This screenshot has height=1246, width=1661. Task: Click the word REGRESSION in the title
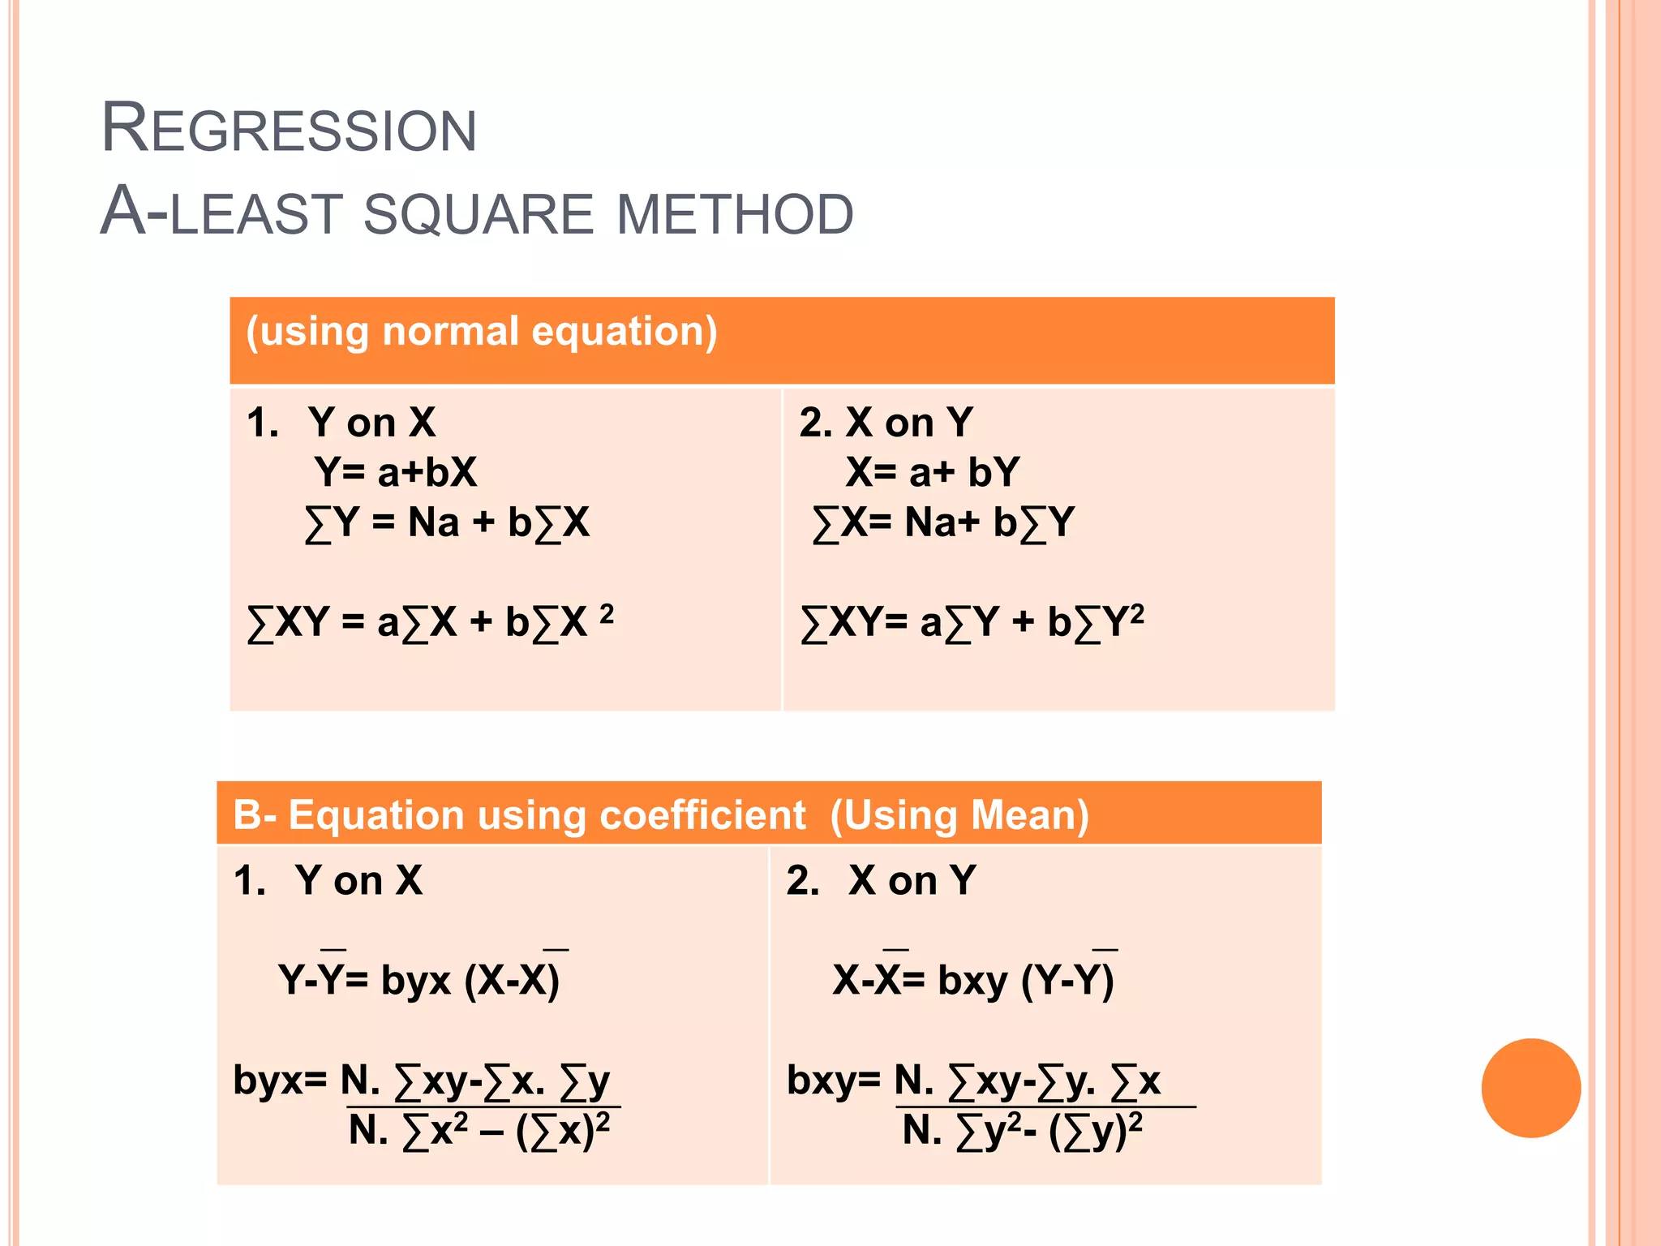(289, 129)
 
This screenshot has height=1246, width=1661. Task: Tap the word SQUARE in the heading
(479, 214)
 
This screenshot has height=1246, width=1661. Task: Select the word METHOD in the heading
(735, 214)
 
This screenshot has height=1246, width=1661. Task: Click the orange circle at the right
(1530, 1088)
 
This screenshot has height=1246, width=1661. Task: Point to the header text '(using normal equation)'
(482, 332)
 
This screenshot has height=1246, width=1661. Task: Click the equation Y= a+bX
(396, 472)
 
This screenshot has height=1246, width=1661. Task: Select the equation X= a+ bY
(932, 472)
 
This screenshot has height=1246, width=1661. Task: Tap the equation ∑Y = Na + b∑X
(447, 523)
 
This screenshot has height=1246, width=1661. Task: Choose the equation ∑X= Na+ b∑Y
(943, 523)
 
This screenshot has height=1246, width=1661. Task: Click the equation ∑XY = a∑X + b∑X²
(430, 623)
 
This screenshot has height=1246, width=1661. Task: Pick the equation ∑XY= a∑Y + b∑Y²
(972, 623)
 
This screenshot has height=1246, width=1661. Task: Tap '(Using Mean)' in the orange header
(959, 815)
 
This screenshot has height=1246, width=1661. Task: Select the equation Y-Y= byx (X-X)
(418, 979)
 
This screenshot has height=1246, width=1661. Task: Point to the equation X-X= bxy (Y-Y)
(973, 979)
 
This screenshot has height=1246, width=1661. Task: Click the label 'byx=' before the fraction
(280, 1081)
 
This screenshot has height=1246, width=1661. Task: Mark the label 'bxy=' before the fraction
(833, 1081)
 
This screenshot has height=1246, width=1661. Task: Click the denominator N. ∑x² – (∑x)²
(479, 1130)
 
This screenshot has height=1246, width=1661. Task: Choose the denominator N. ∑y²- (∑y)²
(1023, 1130)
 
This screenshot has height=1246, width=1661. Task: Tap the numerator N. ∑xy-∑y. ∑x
(1028, 1081)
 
